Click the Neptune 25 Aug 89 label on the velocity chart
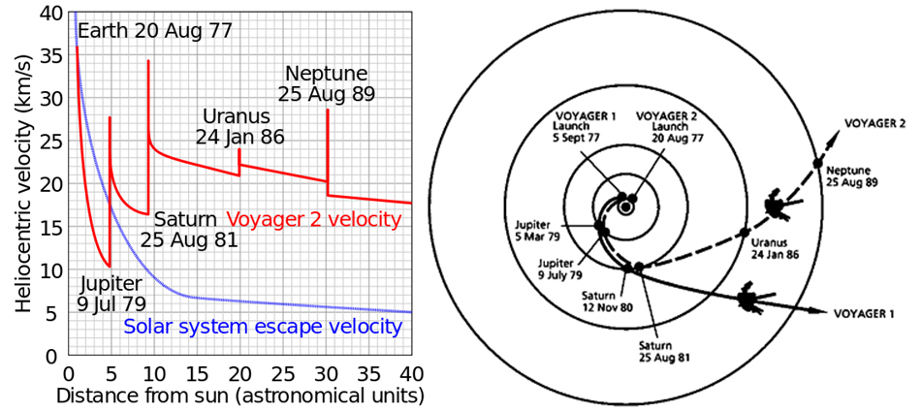tap(325, 84)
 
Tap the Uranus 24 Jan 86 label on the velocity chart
tap(239, 126)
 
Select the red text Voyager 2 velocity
tap(312, 219)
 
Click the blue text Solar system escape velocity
tap(263, 327)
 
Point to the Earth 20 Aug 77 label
tap(155, 31)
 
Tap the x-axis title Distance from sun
tap(240, 396)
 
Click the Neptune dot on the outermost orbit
tap(817, 162)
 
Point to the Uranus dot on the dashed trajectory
tap(744, 232)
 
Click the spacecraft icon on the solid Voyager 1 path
tap(748, 300)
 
